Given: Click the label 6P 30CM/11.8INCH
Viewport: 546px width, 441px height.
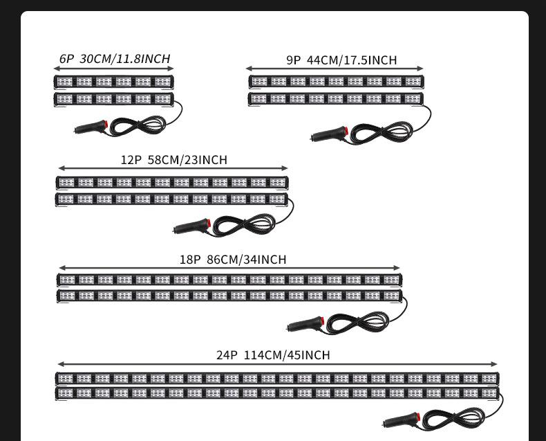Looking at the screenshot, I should pos(114,59).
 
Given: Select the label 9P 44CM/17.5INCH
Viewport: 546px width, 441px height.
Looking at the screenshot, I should pos(341,60).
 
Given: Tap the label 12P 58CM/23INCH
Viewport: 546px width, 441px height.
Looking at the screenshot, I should pos(173,160).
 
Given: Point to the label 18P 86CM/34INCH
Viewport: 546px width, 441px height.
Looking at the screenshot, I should pos(232,260).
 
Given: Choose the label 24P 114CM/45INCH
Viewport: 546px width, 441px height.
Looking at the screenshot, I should pos(273,355).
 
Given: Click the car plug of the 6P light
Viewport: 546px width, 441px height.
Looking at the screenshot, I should pos(91,127).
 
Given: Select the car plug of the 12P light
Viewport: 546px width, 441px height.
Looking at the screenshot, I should pos(191,226).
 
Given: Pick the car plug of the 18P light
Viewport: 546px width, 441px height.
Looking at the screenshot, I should pos(305,324).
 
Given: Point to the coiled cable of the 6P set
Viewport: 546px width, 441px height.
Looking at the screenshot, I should pos(138,125).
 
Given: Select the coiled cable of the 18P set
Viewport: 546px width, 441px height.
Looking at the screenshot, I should pos(357,322).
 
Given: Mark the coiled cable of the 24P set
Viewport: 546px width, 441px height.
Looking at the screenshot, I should pos(453,417).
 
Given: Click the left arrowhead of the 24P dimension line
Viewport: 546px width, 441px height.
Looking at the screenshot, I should pos(60,364).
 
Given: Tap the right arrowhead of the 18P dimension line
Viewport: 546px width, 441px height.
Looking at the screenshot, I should pos(397,268).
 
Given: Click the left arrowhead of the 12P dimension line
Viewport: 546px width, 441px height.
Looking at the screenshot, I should pos(61,168).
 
